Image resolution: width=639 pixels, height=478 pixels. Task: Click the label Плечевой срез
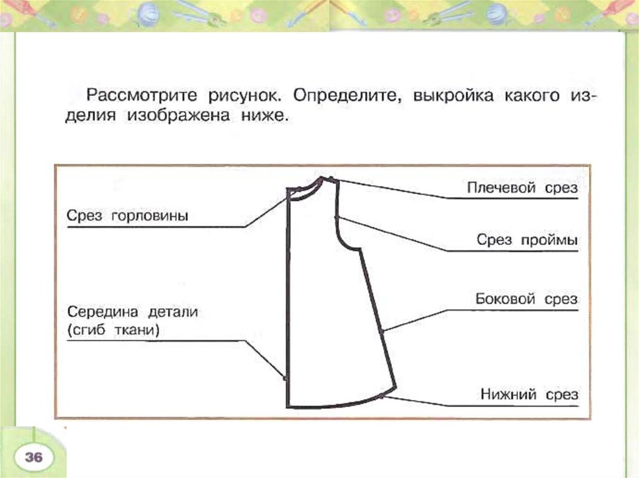coord(522,188)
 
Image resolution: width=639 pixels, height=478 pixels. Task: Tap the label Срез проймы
coord(527,239)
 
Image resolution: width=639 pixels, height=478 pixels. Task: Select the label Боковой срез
coord(527,300)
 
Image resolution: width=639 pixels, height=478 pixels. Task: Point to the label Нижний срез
coord(529,394)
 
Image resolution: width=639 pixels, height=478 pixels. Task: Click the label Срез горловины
coord(127,216)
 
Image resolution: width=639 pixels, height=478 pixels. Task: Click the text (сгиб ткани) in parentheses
coord(113,330)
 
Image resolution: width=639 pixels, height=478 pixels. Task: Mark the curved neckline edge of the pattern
coord(306,189)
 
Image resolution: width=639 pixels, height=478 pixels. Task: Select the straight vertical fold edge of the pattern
coord(289,299)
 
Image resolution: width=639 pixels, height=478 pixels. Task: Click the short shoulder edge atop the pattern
coord(329,179)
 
